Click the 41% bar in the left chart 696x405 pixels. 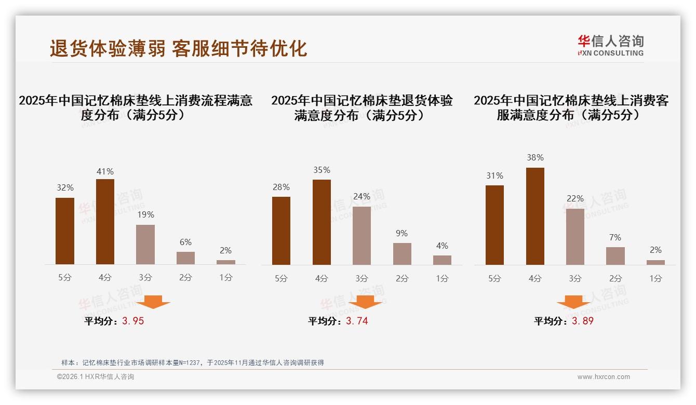[105, 222]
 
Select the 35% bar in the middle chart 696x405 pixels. [322, 222]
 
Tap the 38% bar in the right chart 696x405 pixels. [535, 216]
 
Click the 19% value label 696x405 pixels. [145, 214]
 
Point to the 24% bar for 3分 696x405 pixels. [362, 236]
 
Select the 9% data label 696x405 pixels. [401, 233]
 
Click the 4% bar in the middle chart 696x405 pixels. [442, 260]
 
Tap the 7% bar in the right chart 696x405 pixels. [615, 255]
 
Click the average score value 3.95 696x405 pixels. [133, 321]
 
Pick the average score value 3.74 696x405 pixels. [357, 321]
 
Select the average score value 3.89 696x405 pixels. [582, 321]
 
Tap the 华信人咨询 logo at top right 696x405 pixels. [610, 45]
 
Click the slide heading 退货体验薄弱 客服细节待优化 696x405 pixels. [178, 48]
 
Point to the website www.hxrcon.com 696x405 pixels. [604, 377]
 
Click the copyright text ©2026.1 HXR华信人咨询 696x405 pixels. [96, 377]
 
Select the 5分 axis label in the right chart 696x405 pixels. [494, 278]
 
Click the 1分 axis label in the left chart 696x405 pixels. [226, 277]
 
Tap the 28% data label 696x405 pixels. [281, 187]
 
